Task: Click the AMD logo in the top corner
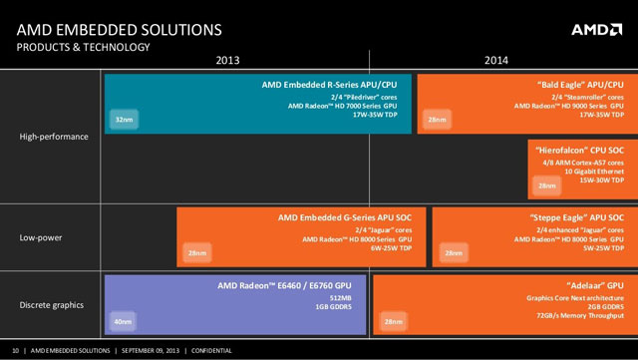[x=596, y=30]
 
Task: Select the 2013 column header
[x=228, y=61]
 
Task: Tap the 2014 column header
[x=496, y=61]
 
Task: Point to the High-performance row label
[x=54, y=137]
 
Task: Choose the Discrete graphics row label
[x=52, y=304]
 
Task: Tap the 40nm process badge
[x=125, y=321]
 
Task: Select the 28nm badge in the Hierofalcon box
[x=547, y=185]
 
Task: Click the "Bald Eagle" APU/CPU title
[x=575, y=86]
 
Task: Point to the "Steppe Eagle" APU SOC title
[x=574, y=216]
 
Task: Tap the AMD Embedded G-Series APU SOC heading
[x=351, y=216]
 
